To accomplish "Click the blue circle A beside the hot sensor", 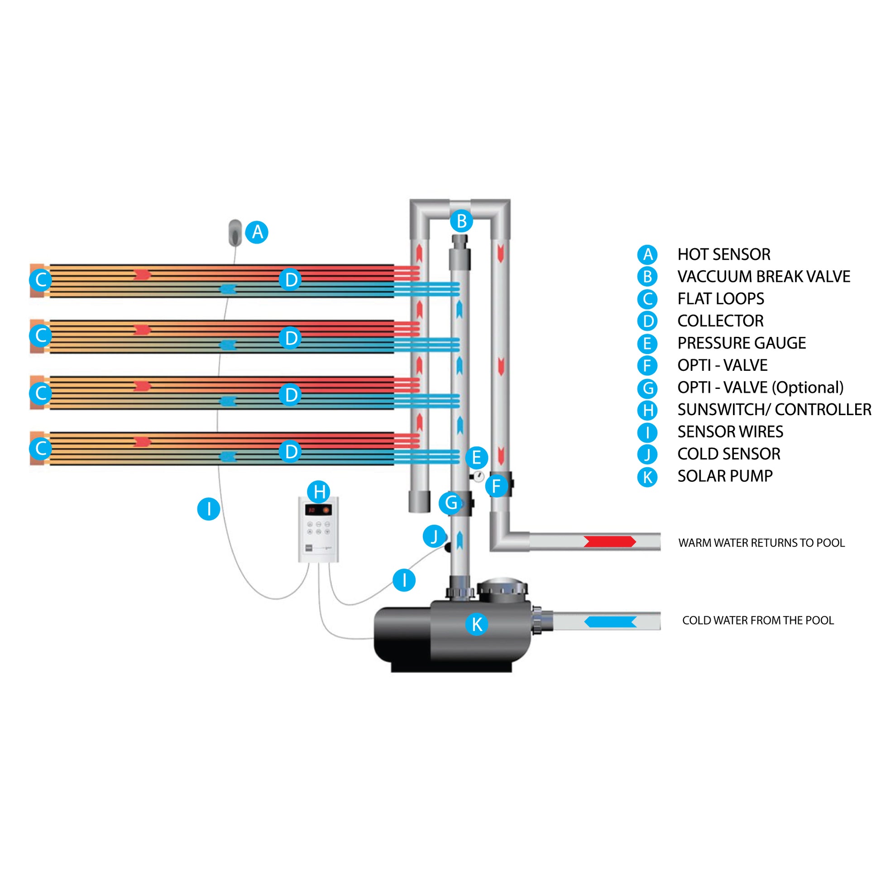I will [x=257, y=232].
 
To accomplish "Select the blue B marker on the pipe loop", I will [x=461, y=221].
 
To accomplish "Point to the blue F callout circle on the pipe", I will [x=496, y=486].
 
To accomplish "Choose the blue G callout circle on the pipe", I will [x=450, y=503].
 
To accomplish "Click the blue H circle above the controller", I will [x=319, y=492].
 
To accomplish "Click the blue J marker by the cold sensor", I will [x=434, y=536].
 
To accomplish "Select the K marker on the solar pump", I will [x=477, y=624].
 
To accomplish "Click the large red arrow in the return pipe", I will [x=610, y=541].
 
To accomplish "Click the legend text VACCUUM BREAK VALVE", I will [x=763, y=277].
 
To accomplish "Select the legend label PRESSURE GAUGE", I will [x=742, y=343].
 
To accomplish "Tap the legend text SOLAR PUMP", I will [x=725, y=476].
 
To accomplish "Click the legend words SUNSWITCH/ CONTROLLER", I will [x=774, y=410].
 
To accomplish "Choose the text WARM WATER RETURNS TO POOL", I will [x=761, y=543].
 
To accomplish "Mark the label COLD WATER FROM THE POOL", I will [x=758, y=620].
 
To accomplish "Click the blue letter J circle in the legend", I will [x=647, y=455].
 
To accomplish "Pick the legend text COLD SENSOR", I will [x=729, y=454].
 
